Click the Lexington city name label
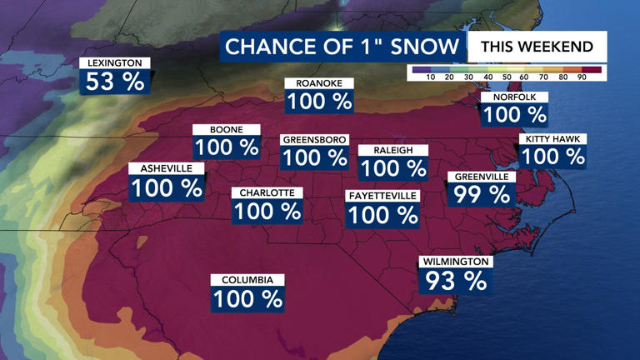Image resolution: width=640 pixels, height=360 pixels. (115, 63)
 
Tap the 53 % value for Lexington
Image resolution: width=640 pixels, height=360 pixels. (115, 81)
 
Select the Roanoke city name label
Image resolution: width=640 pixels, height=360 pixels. (319, 83)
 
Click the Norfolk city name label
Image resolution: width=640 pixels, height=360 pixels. (514, 97)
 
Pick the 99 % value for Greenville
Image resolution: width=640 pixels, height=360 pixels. (482, 195)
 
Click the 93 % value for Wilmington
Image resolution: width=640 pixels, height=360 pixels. (456, 281)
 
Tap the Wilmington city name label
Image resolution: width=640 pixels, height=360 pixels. (456, 262)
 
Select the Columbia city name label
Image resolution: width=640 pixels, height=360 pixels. (247, 280)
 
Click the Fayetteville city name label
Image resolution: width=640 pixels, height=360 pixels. (382, 196)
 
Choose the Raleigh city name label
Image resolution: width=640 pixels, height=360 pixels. (393, 150)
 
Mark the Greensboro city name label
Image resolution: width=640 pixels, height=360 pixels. (314, 139)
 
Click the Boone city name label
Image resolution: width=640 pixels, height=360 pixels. (227, 130)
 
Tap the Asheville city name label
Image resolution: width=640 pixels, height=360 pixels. (166, 168)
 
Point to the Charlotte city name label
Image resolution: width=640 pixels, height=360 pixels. (267, 192)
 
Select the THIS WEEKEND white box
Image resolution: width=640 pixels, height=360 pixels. (537, 47)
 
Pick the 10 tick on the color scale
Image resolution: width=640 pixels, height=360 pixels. (431, 77)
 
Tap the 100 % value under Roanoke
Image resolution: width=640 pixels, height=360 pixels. (319, 102)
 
